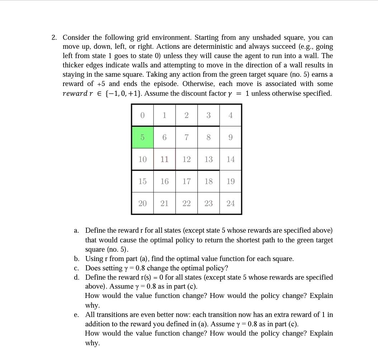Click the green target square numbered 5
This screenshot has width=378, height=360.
coord(142,137)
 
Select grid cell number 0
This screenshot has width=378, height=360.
coord(142,115)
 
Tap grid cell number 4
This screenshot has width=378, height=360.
coord(231,115)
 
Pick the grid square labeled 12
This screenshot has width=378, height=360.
coord(186,159)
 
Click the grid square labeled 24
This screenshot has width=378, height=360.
coord(231,203)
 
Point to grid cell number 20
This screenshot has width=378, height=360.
coord(142,203)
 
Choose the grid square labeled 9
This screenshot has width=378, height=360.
coord(231,137)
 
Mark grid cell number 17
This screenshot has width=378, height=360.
coord(186,181)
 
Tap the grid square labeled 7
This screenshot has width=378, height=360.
coord(186,137)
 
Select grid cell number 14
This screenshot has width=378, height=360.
coord(231,159)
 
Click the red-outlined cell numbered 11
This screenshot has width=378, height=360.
coord(164,159)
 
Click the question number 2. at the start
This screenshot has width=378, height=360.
coord(54,38)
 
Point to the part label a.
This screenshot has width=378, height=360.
coord(76,231)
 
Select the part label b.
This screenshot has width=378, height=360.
coord(76,259)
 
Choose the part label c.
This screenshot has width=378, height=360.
coord(76,268)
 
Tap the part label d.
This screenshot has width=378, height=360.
coord(76,277)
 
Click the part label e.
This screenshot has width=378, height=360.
coord(76,315)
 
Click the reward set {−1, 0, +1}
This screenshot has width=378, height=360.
coord(123,94)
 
